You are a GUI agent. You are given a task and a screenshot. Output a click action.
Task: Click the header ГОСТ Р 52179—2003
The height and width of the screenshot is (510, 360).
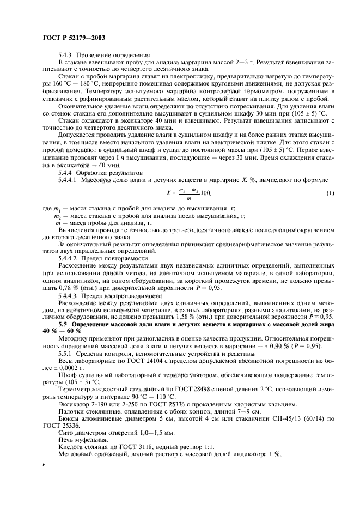(x=74, y=38)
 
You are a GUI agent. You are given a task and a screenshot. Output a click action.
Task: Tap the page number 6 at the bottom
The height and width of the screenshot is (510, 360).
(x=44, y=464)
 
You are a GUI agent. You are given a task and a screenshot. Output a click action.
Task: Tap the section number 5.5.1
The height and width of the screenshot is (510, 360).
(x=67, y=354)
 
